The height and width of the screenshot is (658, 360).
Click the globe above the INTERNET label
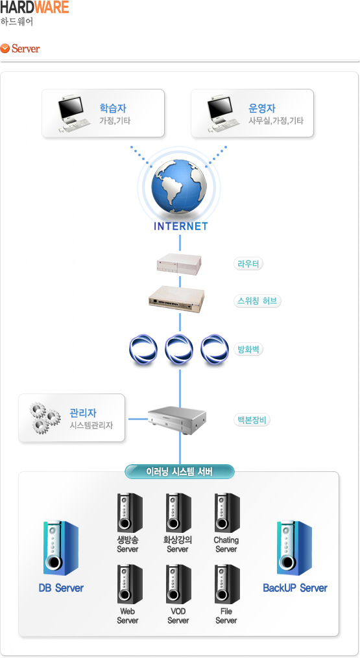[180, 185]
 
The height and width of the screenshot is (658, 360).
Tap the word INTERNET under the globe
[180, 227]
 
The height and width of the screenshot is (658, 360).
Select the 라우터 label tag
[248, 264]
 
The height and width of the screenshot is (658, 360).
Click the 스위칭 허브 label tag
[257, 301]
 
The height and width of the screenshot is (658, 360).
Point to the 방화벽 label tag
[248, 349]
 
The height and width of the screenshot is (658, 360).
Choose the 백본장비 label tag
[252, 419]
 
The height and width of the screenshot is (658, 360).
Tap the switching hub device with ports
[176, 300]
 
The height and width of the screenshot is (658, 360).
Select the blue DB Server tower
[61, 548]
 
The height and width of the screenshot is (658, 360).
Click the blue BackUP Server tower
[294, 548]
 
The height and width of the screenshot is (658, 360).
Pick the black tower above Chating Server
[227, 513]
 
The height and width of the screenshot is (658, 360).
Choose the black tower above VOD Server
[178, 584]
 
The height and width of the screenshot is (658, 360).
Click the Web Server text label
[127, 616]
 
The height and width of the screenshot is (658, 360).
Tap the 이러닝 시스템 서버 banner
[180, 472]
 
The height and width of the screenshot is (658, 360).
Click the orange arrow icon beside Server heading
[5, 49]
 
